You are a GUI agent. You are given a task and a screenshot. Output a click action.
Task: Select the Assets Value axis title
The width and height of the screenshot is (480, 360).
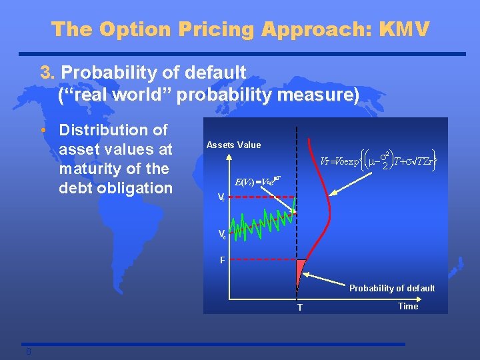(x=233, y=145)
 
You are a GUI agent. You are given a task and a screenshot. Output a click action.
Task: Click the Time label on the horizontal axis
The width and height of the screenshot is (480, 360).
(x=407, y=306)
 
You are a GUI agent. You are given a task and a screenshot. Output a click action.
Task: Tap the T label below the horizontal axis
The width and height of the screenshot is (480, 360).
(x=300, y=307)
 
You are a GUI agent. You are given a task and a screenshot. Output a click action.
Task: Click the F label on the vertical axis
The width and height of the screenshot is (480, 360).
(x=223, y=260)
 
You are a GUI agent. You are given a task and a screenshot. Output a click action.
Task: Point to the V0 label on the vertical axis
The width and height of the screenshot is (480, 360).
(x=222, y=233)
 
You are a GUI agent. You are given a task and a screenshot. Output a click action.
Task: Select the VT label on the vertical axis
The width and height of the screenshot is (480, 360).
(x=222, y=197)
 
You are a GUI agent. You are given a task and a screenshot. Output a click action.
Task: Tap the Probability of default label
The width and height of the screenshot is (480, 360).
(x=392, y=288)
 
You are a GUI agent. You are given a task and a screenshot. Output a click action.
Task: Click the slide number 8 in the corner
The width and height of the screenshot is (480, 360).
(x=29, y=351)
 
